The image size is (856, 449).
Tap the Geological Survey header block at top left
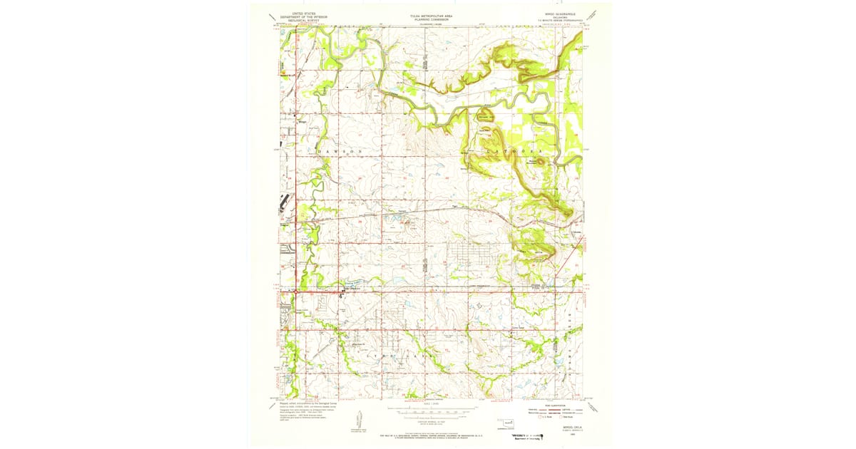pos(300,16)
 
